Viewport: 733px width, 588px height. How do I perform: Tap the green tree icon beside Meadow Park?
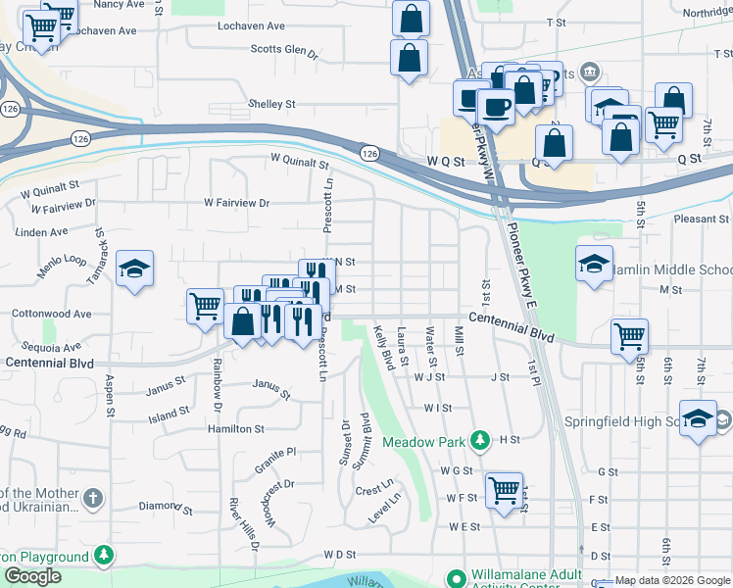click(479, 441)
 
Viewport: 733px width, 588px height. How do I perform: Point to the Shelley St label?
click(271, 104)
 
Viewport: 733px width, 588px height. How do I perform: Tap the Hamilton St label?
click(235, 429)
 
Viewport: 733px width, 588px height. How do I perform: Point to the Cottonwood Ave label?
click(51, 315)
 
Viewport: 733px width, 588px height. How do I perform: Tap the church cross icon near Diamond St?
click(93, 498)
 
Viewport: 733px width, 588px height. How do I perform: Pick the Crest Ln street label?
click(373, 487)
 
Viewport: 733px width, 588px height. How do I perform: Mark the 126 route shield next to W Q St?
click(368, 154)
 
